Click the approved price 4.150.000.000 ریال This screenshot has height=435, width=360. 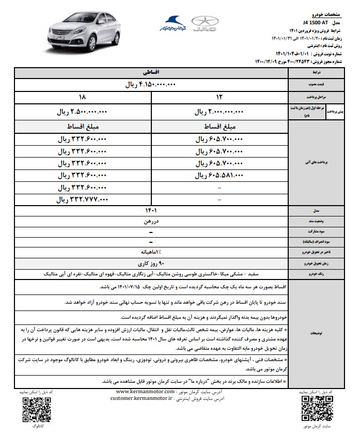151,84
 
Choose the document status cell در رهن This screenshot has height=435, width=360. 151,222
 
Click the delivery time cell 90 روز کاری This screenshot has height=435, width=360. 151,262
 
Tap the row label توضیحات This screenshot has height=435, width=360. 313,333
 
